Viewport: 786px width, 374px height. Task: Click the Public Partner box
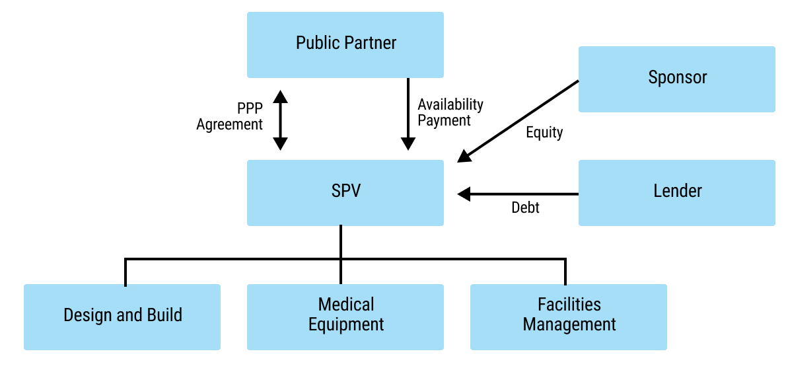coord(345,44)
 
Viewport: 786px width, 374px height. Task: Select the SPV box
coord(345,192)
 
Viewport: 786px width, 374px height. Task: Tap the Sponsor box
coord(676,79)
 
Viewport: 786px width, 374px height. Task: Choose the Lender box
coord(676,192)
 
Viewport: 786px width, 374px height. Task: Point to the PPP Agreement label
coord(231,116)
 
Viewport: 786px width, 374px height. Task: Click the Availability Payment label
coord(450,112)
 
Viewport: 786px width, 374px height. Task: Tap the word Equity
coord(544,132)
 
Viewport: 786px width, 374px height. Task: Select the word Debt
coord(525,207)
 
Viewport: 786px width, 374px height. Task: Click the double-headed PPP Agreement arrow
coord(281,120)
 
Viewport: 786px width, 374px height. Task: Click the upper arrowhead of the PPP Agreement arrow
coord(281,97)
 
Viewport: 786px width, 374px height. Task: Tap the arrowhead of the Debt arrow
coord(464,194)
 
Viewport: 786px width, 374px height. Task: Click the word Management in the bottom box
coord(569,325)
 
